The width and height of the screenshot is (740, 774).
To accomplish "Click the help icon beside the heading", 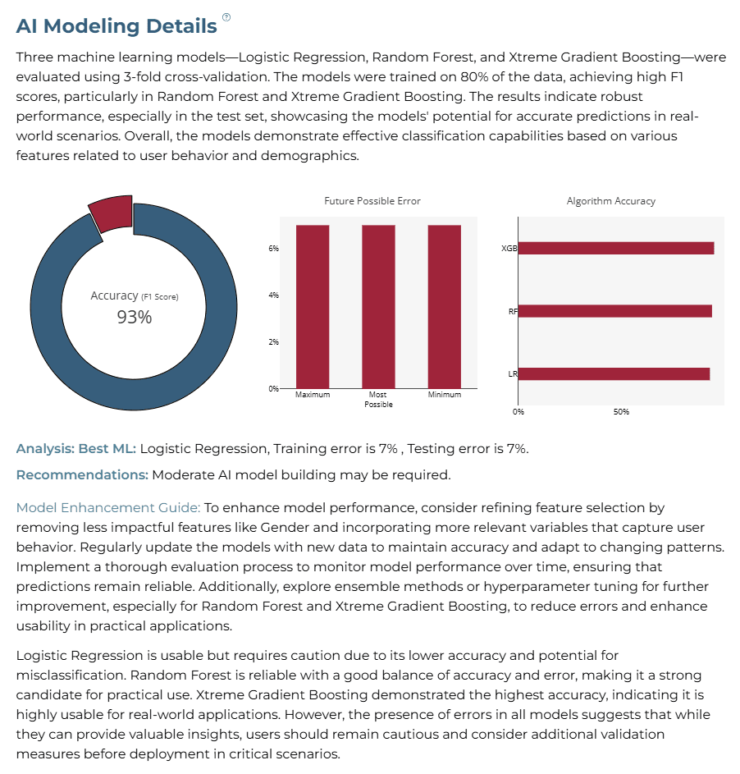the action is click(x=226, y=17).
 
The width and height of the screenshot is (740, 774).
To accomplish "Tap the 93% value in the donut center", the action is click(x=135, y=317).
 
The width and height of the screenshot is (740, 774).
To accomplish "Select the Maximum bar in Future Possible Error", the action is click(x=313, y=306).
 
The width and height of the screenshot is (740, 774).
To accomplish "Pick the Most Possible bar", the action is click(x=378, y=306).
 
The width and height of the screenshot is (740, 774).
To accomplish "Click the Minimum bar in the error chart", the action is click(x=445, y=306).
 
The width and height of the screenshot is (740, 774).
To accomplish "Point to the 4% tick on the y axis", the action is click(x=273, y=295).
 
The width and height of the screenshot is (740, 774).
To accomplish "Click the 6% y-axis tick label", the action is click(x=273, y=249).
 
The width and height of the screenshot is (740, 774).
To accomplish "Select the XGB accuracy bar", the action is click(x=616, y=248).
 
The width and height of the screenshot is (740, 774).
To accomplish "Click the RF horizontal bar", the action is click(x=615, y=311).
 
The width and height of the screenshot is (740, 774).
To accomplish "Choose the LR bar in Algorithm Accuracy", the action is click(x=614, y=373).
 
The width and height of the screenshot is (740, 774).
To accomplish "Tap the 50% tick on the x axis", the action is click(x=621, y=412).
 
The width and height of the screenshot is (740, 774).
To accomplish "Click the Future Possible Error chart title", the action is click(x=372, y=201).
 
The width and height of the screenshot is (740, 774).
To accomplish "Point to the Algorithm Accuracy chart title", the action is click(x=610, y=201).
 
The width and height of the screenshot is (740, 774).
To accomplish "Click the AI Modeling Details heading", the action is click(x=116, y=26).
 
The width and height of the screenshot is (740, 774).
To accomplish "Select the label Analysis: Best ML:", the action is click(x=76, y=449).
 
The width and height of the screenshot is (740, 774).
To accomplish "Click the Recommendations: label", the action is click(x=82, y=475).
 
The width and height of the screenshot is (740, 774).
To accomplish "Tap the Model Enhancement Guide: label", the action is click(x=108, y=508).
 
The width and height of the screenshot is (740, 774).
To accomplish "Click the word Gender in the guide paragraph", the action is click(x=285, y=528).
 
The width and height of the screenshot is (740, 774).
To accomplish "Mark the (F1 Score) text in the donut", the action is click(x=160, y=296).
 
